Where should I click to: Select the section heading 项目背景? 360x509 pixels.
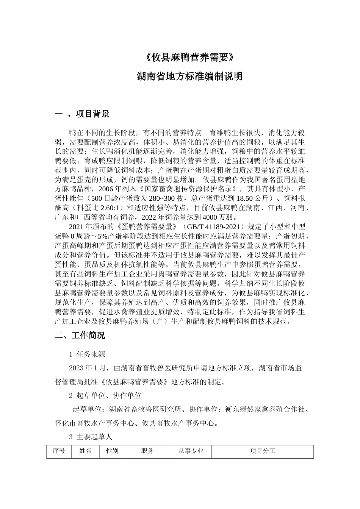pyautogui.click(x=92, y=114)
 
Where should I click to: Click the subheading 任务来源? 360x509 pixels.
pyautogui.click(x=91, y=354)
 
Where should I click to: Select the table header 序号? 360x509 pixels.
pyautogui.click(x=59, y=451)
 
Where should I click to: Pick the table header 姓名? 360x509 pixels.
pyautogui.click(x=85, y=451)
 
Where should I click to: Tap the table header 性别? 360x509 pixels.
pyautogui.click(x=112, y=451)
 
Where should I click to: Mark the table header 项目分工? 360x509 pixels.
pyautogui.click(x=262, y=451)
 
